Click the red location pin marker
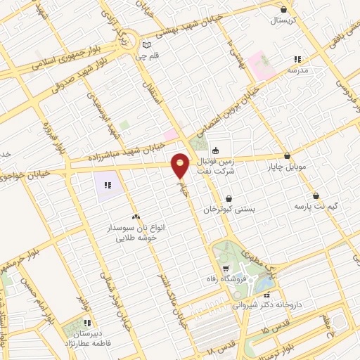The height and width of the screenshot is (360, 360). coord(181,165)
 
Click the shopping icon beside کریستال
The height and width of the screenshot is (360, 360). coord(283,9)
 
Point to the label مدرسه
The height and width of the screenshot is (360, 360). coord(299,70)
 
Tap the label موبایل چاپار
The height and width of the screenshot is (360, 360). coord(288,167)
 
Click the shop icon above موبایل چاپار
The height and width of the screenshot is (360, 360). coord(287,156)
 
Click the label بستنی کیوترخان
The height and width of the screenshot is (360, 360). coord(229,210)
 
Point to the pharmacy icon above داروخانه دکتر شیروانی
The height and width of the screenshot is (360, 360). coord(276,295)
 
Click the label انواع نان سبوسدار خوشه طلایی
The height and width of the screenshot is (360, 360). coord(137,233)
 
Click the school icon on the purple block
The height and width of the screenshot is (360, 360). coord(108,186)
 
